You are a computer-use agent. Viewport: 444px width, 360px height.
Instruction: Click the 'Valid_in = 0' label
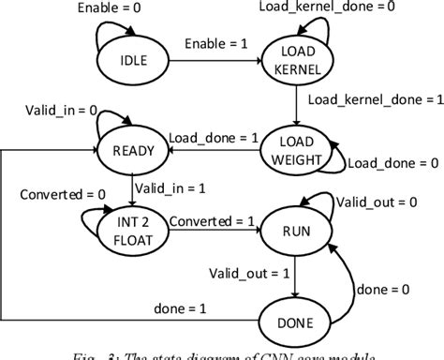tap(61, 111)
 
